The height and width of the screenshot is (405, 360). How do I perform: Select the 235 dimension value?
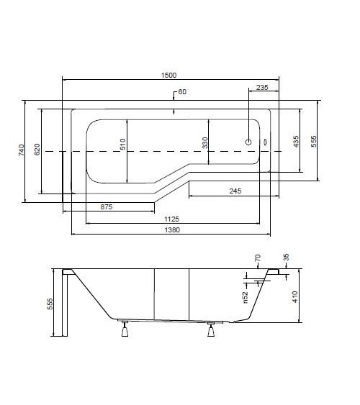pos(262,87)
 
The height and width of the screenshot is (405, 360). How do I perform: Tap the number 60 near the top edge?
pos(181,92)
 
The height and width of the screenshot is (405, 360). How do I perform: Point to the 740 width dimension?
pos(21,150)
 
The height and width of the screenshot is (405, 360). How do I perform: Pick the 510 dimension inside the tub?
pos(122,145)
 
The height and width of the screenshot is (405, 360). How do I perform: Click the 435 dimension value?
pos(296,142)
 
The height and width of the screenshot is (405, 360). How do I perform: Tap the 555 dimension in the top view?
pos(314,142)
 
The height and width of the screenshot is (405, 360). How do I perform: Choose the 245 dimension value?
pos(235,191)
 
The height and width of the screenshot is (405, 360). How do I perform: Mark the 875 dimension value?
pos(107,207)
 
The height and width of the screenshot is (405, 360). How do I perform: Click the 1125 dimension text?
pos(171,219)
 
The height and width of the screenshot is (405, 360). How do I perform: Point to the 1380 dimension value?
pos(171,230)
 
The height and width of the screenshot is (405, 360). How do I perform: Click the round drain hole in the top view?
pos(250,142)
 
